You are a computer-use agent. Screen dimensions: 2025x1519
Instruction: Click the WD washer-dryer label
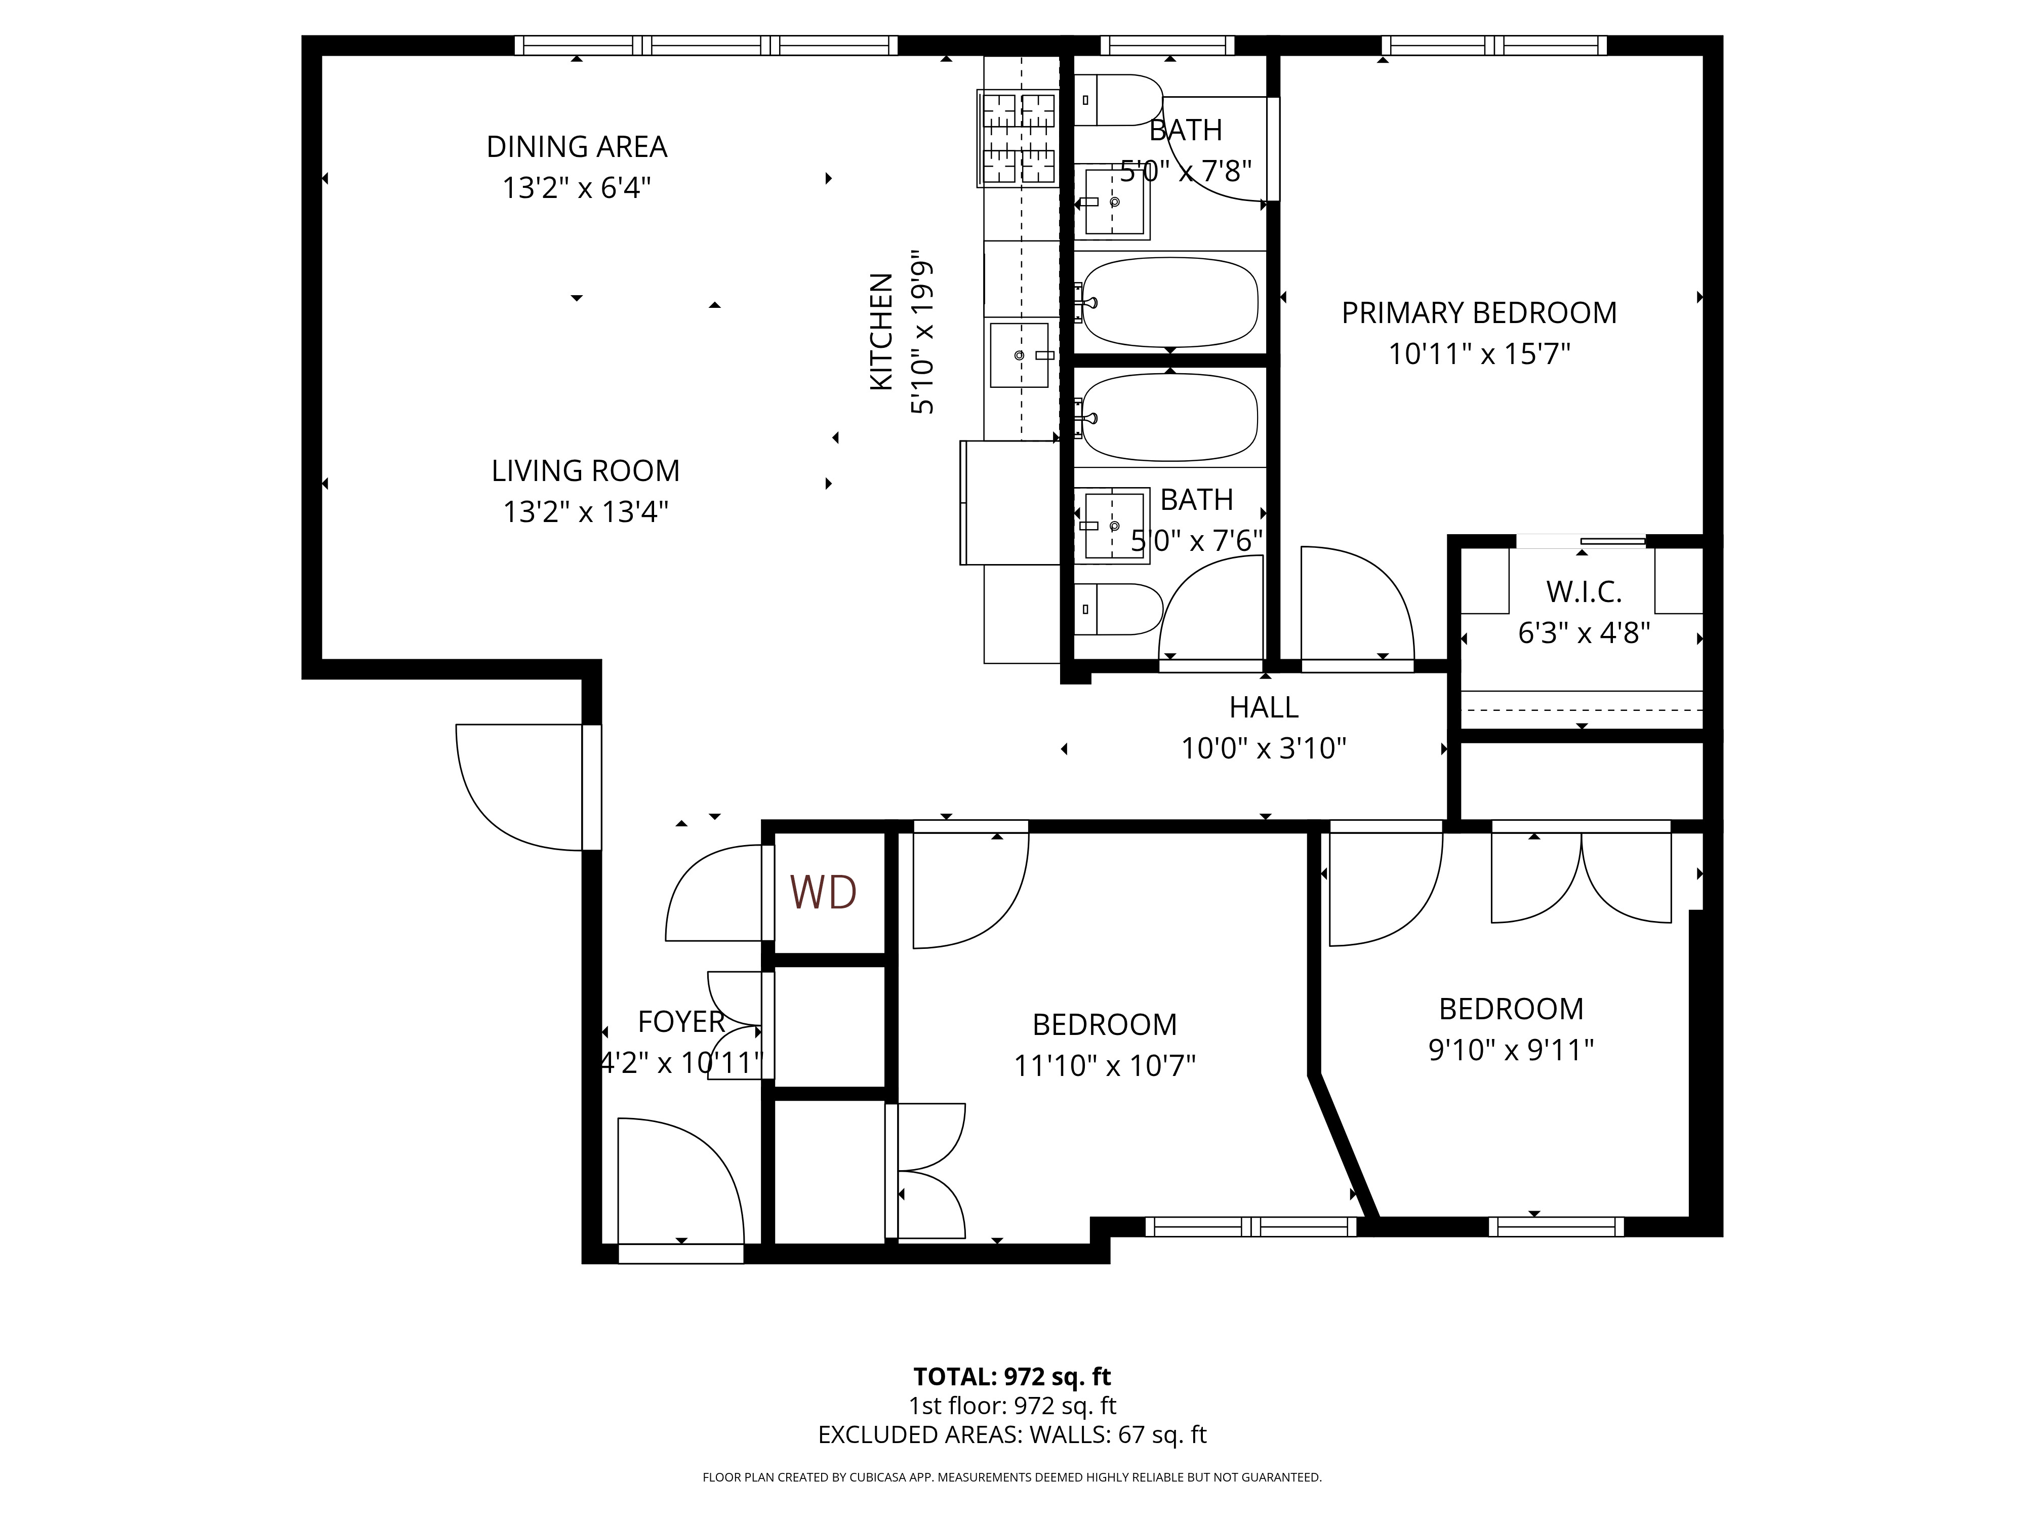823,892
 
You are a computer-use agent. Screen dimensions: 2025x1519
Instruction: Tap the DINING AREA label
577,146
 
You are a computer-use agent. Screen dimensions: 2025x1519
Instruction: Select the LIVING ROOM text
586,470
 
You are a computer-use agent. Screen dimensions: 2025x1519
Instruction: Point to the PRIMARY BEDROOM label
1479,313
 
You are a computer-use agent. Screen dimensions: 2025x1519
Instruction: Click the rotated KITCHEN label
881,332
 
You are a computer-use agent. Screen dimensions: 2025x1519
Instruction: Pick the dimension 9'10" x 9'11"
1512,1049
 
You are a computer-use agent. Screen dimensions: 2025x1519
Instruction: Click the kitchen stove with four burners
1018,138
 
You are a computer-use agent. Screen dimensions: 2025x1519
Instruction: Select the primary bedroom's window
1494,45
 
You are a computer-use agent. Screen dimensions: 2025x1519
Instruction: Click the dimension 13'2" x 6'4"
577,188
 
